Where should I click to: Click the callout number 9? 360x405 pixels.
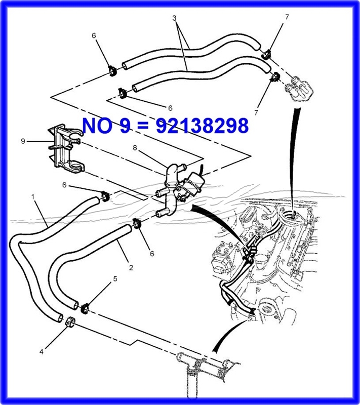(x=23, y=141)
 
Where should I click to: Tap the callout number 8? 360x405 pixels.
(x=135, y=148)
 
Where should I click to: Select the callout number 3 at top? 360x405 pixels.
(x=174, y=18)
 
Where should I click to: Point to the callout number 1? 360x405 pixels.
(x=33, y=197)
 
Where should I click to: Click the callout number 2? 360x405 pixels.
(x=131, y=268)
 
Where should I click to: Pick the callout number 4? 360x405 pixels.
(x=42, y=351)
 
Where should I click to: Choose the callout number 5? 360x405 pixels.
(x=115, y=279)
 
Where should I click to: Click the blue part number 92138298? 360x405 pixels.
(x=202, y=126)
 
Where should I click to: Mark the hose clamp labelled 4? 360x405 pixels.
(x=70, y=321)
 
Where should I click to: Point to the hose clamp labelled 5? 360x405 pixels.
(x=85, y=308)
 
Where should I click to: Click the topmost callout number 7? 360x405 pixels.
(x=287, y=17)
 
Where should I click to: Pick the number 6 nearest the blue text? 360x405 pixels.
(x=170, y=108)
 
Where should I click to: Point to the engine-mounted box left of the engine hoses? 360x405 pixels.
(x=223, y=258)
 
